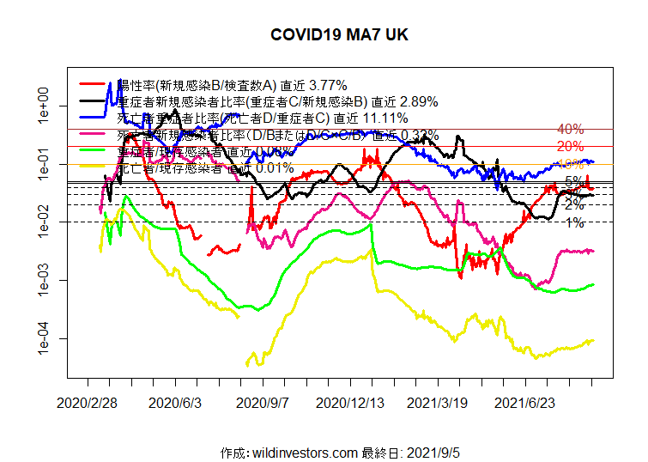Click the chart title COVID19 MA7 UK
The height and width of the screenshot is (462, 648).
[x=339, y=35]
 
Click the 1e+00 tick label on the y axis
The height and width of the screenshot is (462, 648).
[x=40, y=106]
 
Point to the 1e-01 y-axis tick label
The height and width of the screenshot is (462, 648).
[x=40, y=164]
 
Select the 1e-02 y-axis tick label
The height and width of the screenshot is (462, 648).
[x=40, y=222]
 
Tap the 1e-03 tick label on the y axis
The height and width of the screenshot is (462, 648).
[x=40, y=281]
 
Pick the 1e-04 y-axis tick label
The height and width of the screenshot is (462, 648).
[x=40, y=339]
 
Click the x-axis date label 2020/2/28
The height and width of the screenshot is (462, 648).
[x=88, y=402]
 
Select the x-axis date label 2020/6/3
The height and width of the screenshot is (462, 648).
[x=175, y=402]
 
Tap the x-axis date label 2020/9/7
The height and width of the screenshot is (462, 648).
[x=263, y=402]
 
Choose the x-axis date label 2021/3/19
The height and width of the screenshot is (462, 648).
[x=437, y=402]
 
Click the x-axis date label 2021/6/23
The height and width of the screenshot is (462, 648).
[x=524, y=402]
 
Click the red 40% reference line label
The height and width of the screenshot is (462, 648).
[x=570, y=129]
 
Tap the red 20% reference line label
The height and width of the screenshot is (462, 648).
[x=570, y=146]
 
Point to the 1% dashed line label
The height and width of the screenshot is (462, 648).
[x=575, y=223]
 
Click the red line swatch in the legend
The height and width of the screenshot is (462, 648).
[x=95, y=85]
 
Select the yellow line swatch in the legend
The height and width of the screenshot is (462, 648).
[x=95, y=168]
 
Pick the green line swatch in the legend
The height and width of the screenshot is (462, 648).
[x=95, y=151]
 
